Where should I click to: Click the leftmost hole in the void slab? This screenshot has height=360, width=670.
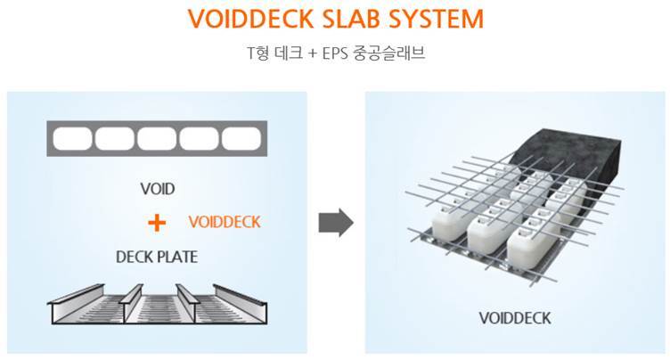pos(73,139)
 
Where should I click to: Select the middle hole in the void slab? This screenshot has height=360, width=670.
pos(157,139)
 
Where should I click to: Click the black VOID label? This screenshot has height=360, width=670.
pos(158,189)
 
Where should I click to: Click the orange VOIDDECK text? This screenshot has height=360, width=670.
pos(225,222)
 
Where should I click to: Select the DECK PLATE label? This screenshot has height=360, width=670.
pos(157,257)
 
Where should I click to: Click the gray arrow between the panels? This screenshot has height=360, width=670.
pos(336,222)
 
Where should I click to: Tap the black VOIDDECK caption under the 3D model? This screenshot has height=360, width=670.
pos(515,317)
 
